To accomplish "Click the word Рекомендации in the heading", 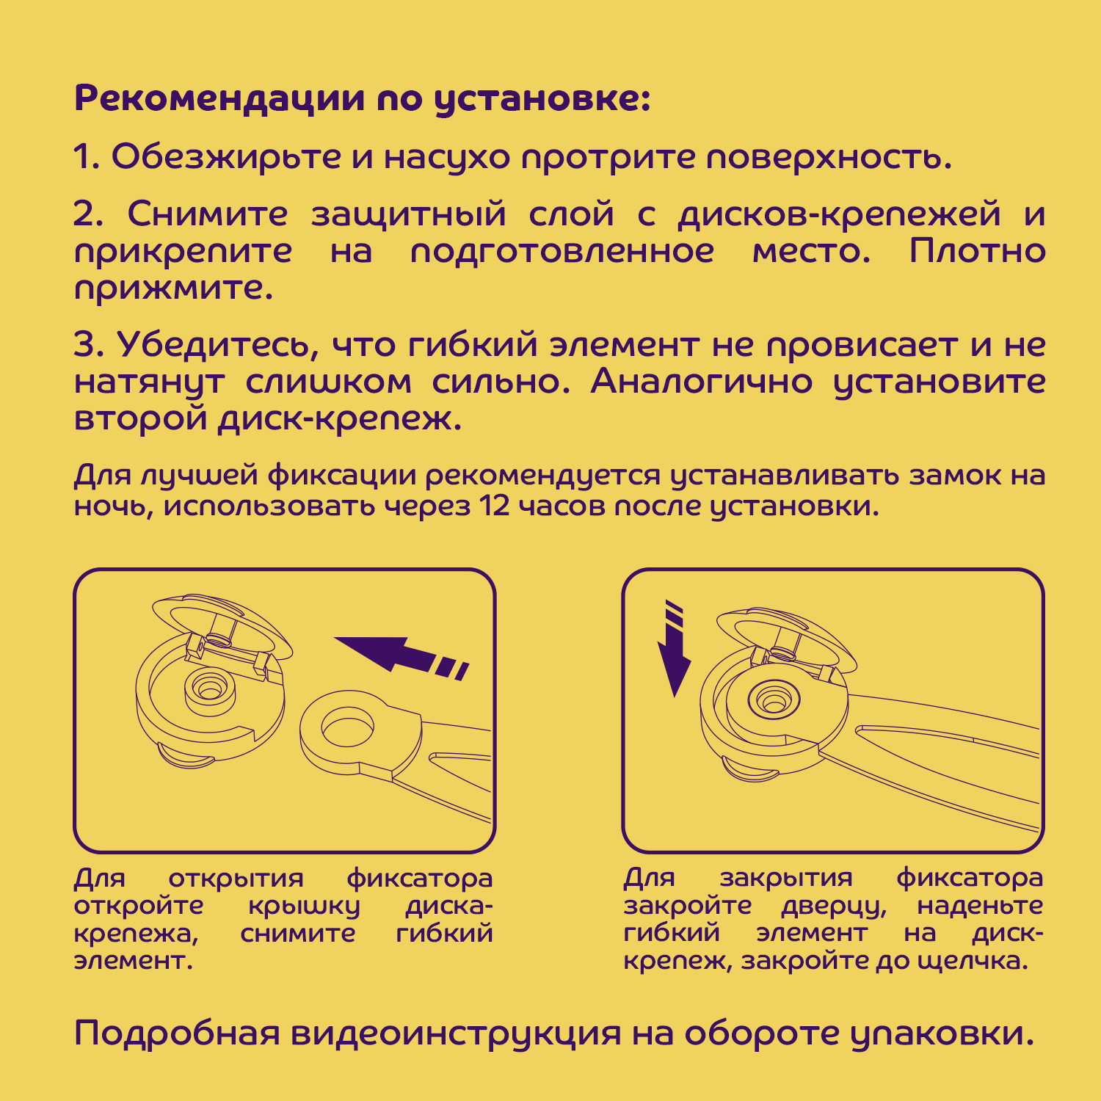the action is (x=219, y=99).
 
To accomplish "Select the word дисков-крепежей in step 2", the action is (x=839, y=214).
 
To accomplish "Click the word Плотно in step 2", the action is (x=977, y=251).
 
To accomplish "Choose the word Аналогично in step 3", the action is (x=701, y=382).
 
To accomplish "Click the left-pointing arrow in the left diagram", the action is (x=401, y=655).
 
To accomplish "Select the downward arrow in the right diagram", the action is (x=673, y=649).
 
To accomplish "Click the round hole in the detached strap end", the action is (x=347, y=729).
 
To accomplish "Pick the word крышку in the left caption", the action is (x=304, y=906).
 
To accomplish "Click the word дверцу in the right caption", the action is (x=834, y=906).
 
